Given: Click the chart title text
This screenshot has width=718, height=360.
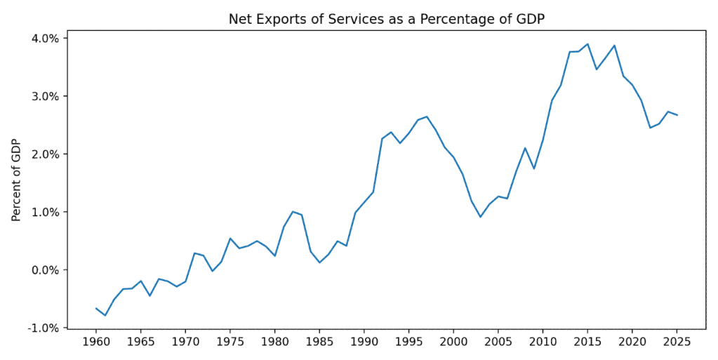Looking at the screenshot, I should [387, 19].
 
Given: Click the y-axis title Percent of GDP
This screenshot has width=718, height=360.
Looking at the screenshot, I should [16, 180].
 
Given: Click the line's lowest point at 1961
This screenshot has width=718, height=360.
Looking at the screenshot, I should [105, 315].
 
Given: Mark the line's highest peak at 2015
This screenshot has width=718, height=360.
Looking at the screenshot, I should [587, 44].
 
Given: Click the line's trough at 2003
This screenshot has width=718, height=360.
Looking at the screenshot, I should [480, 217].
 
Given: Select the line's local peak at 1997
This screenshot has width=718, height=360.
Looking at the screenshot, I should [427, 116].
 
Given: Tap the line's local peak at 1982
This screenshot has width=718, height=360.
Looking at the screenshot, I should [293, 212].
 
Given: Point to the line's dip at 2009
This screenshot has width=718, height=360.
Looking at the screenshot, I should [534, 168].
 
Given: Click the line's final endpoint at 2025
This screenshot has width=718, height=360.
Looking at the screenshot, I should [677, 115].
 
